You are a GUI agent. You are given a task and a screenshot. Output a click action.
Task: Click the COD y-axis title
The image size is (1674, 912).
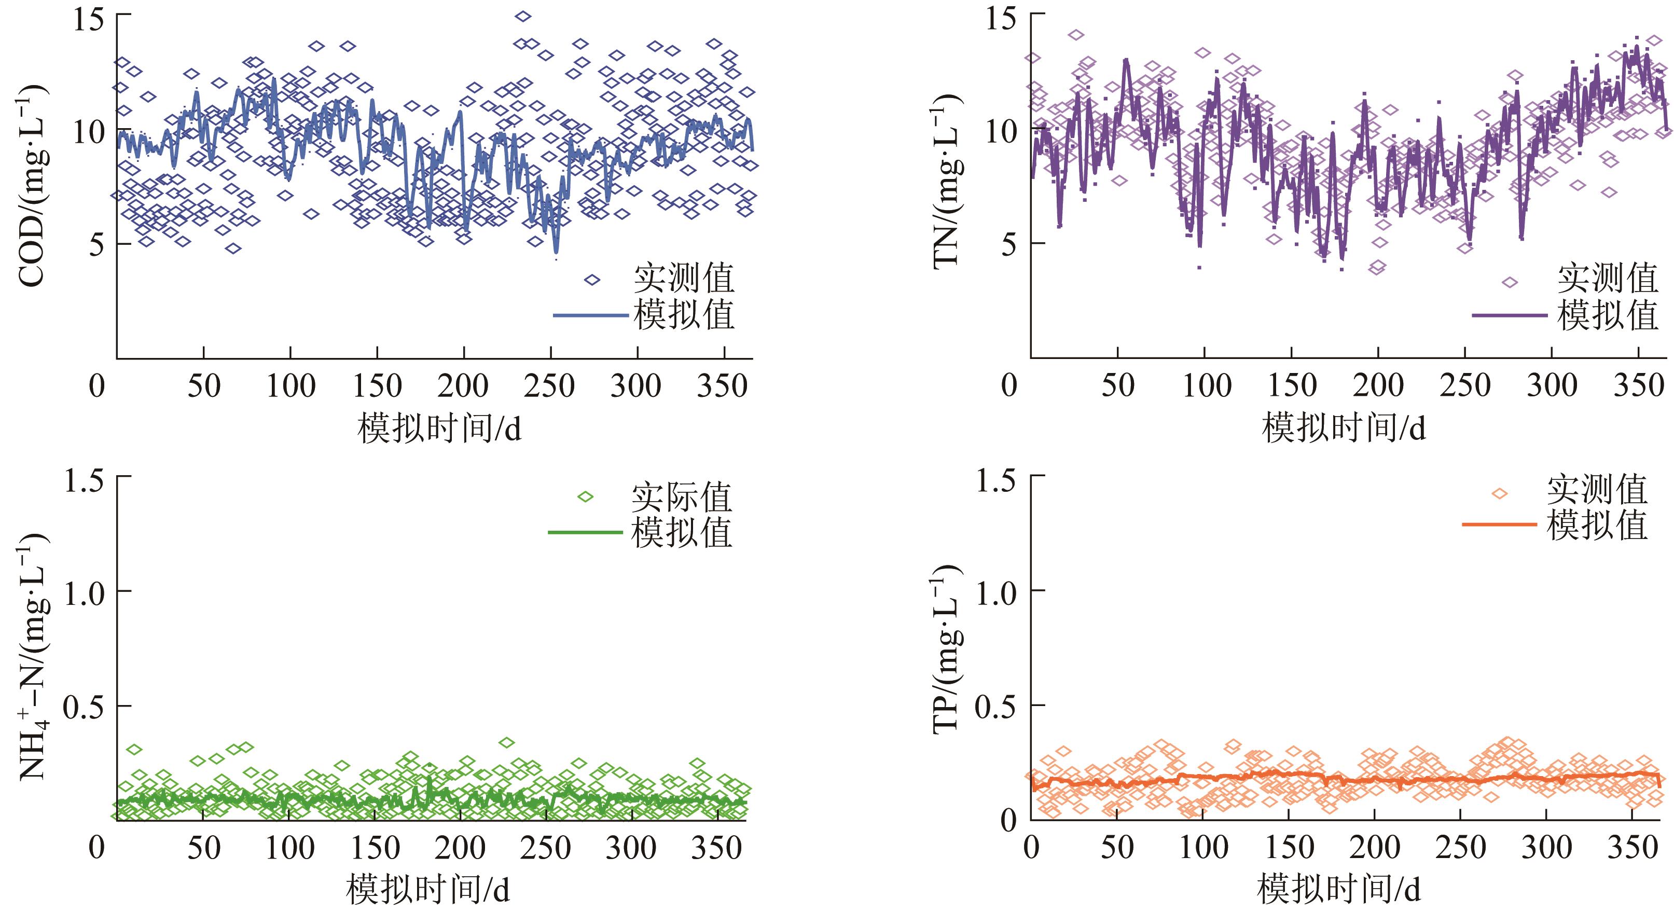click(31, 187)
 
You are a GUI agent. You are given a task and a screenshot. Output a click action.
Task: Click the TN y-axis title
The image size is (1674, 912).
click(947, 180)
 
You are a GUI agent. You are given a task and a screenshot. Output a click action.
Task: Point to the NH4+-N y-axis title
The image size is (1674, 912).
click(33, 655)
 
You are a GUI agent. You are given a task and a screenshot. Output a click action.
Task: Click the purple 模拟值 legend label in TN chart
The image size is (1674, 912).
click(1608, 316)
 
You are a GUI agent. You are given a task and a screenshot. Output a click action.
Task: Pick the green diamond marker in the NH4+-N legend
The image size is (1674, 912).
click(586, 498)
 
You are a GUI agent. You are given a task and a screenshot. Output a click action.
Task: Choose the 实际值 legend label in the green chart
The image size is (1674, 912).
click(682, 498)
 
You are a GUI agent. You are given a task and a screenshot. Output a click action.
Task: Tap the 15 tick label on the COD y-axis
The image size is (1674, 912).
click(88, 20)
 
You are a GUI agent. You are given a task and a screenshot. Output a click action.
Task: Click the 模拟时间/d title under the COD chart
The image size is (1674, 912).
click(439, 429)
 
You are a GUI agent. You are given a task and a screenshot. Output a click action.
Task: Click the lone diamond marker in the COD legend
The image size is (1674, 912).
click(592, 280)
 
